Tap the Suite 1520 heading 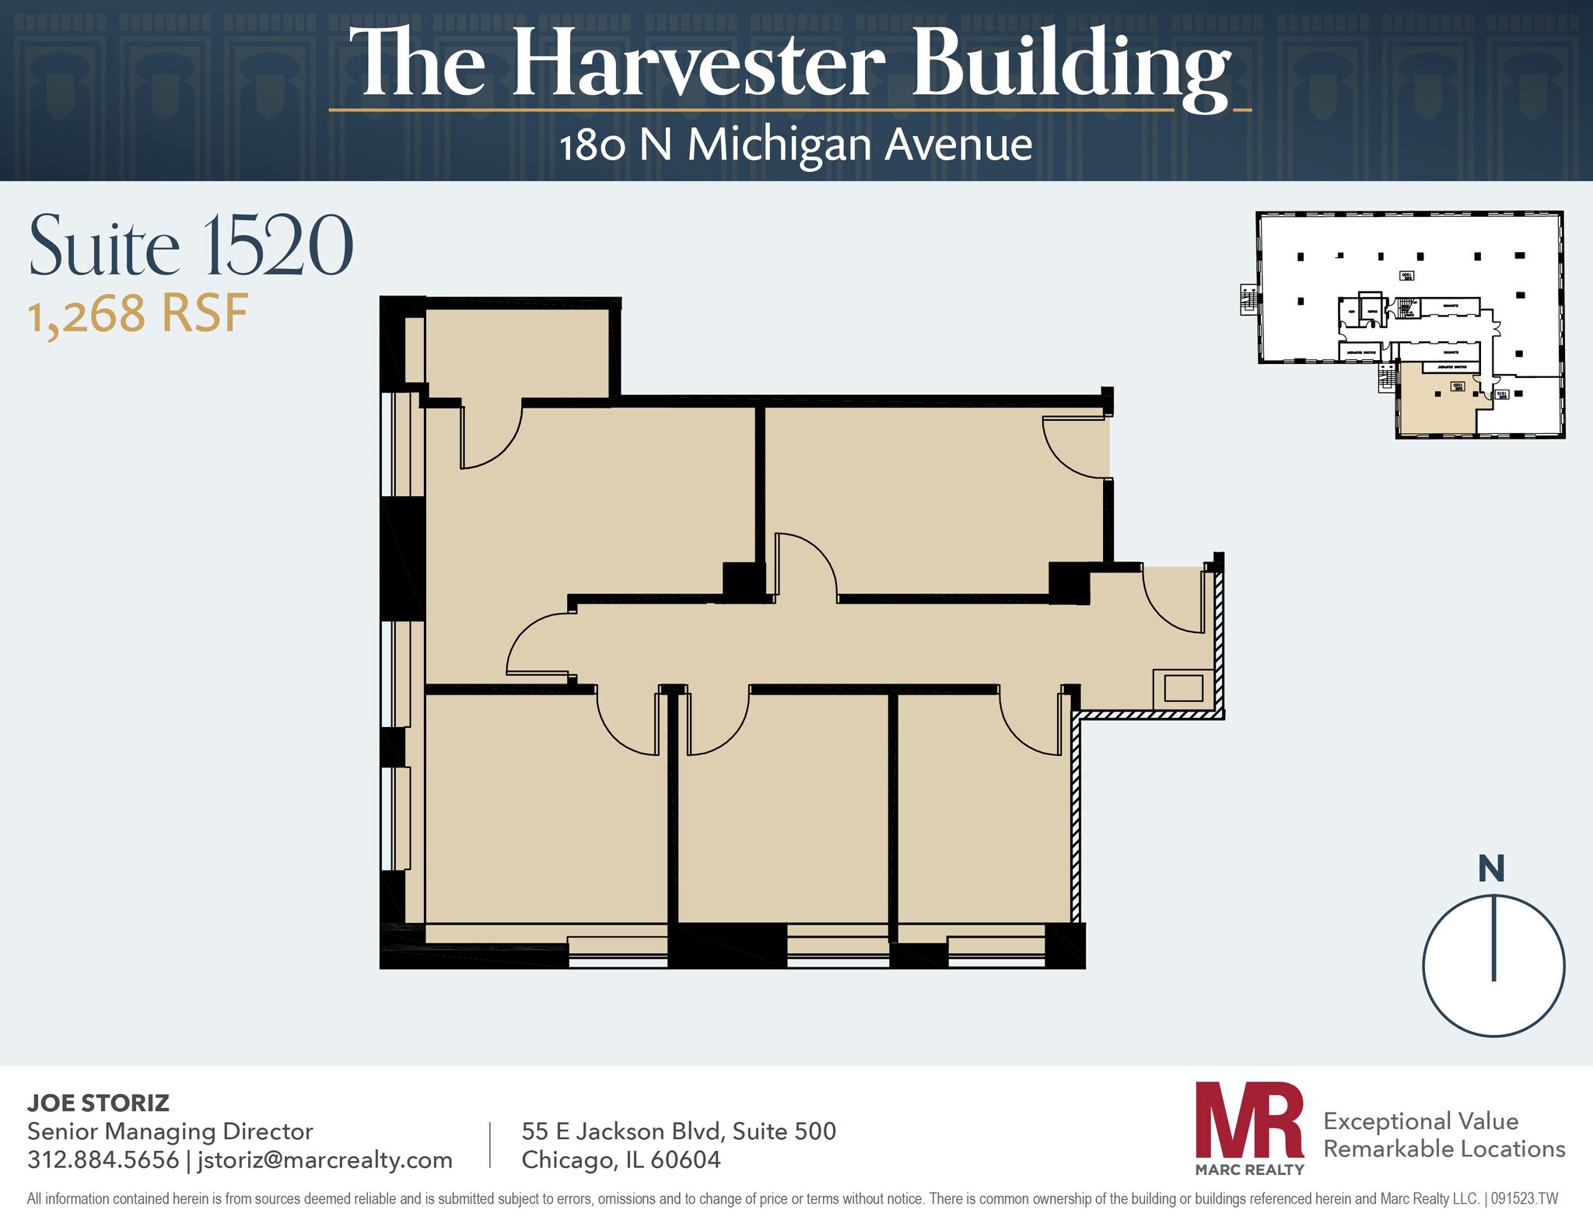point(191,246)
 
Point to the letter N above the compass point(1491,869)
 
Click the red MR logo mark point(1249,1121)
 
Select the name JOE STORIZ point(98,1103)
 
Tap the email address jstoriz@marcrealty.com point(325,1159)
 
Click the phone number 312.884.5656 point(103,1159)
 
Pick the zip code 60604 point(685,1159)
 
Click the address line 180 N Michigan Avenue point(796,145)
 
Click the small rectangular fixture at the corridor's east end point(1183,688)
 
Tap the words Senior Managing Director point(170,1131)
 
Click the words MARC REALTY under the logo point(1249,1169)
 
